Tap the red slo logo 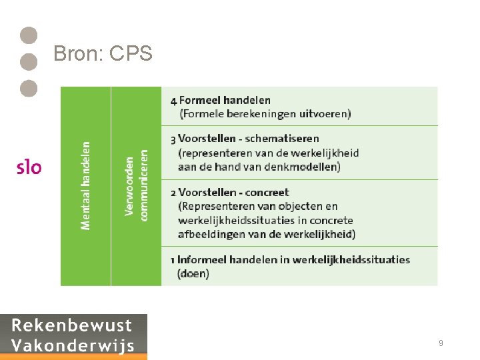pos(29,167)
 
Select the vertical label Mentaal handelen pos(86,185)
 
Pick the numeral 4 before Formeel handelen pos(174,101)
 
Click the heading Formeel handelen pos(225,100)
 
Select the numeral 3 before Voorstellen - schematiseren pos(173,139)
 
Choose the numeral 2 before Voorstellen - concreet pos(173,193)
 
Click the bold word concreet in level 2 pos(267,193)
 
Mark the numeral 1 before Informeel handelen pos(173,259)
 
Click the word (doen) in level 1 pos(193,273)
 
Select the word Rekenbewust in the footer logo pos(72,326)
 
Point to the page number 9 pos(441,343)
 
